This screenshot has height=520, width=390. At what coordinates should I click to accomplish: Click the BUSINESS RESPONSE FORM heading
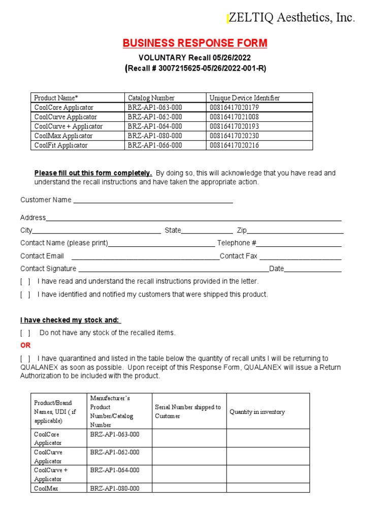195,44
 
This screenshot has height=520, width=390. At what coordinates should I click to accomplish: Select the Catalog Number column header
151,97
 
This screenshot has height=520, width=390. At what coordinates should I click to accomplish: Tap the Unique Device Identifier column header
244,97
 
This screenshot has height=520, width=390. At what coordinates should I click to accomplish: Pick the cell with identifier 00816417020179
234,107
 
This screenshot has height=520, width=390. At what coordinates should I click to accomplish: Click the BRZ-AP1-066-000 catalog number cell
155,145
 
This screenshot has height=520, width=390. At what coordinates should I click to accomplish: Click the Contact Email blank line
145,257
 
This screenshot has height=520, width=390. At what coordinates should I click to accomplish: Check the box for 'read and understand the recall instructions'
25,281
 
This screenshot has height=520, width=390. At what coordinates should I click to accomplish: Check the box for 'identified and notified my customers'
25,295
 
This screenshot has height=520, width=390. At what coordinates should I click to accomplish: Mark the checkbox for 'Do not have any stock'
25,333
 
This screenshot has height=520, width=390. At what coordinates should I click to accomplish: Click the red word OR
25,345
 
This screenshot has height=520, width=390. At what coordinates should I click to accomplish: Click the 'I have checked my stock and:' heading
70,320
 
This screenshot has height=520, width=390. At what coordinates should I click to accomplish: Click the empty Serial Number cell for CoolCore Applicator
189,438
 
